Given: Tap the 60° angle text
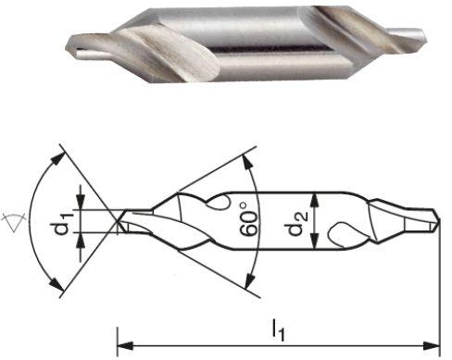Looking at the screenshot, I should [x=248, y=222].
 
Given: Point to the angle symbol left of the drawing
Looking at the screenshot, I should [x=14, y=220].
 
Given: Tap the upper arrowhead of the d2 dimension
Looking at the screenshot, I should [x=317, y=197].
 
